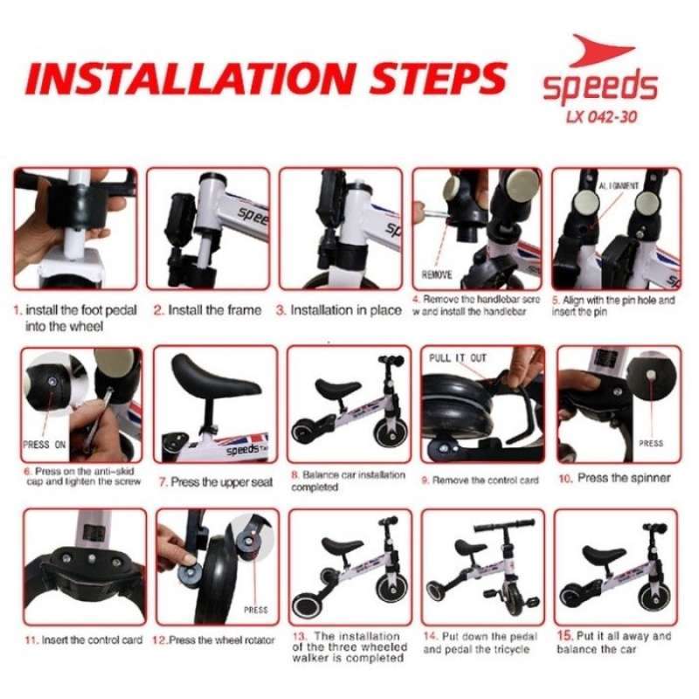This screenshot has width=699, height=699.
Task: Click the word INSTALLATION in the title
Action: click(180, 78)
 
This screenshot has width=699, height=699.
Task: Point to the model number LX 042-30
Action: click(599, 117)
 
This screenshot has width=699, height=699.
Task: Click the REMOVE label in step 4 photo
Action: click(437, 274)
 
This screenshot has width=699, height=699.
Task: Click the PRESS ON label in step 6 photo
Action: click(44, 444)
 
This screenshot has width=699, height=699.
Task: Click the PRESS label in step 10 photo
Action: click(651, 443)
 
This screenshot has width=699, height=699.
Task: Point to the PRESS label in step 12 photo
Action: click(255, 609)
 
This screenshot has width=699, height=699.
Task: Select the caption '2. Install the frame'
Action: click(207, 310)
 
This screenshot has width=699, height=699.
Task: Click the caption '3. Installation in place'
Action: click(340, 310)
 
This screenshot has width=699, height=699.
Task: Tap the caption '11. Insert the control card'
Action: click(83, 640)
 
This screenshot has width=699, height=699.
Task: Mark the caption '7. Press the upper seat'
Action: click(215, 481)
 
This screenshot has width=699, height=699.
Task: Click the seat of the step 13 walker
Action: click(341, 545)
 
